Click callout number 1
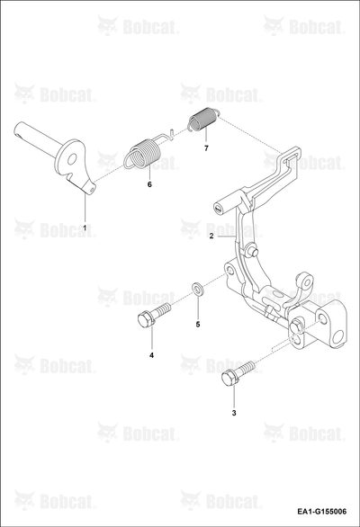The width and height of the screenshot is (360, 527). [x=85, y=228]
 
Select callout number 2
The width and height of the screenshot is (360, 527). [x=211, y=236]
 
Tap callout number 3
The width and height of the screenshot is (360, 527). [x=234, y=413]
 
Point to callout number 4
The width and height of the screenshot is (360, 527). [x=152, y=355]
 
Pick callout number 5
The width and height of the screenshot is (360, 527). [x=198, y=325]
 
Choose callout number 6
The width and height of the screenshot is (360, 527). [x=149, y=184]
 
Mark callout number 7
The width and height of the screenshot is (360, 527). [x=206, y=147]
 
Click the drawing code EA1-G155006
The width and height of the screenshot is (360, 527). [x=321, y=512]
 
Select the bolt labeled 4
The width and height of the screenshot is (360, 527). [x=154, y=314]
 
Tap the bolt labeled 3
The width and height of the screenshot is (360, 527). [x=238, y=373]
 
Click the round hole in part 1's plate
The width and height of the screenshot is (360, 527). [x=72, y=160]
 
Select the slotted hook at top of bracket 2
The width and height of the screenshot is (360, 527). [x=289, y=158]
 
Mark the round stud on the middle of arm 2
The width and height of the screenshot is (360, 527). [x=252, y=250]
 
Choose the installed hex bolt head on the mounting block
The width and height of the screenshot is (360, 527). [x=297, y=326]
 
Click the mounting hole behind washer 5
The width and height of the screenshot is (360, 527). [x=229, y=271]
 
